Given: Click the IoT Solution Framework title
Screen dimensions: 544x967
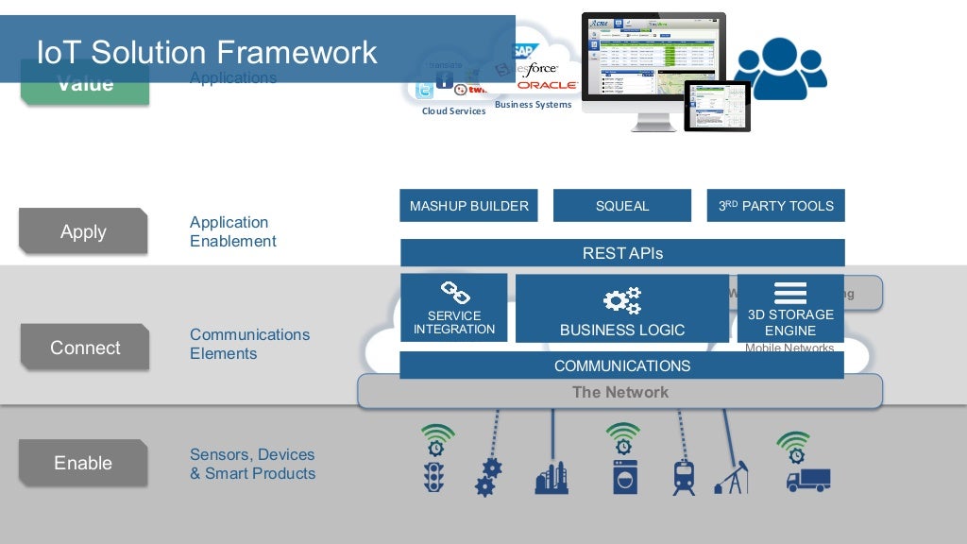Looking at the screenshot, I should (207, 51).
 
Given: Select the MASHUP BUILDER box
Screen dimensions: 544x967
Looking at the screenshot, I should (468, 206).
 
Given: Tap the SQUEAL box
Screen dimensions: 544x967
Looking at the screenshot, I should (622, 206).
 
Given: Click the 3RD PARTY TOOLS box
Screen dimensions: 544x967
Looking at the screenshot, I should (775, 206).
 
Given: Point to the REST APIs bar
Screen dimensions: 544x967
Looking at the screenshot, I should (622, 253).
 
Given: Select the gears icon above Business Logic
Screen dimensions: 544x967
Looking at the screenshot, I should (622, 301).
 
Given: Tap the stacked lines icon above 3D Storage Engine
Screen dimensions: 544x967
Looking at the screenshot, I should (790, 293).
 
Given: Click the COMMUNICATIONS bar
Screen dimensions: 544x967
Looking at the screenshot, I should (622, 365).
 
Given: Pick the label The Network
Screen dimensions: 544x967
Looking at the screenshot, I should (620, 392).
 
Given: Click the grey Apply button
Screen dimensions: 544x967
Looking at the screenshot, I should (83, 231).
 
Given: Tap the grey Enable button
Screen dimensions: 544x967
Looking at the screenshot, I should (83, 463).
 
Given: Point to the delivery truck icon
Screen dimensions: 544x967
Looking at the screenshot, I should (808, 480).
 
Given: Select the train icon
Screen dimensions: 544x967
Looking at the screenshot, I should (684, 477).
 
